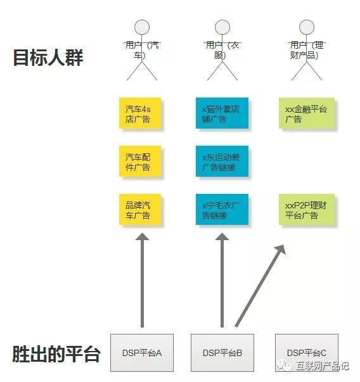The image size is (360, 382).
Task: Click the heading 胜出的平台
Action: (x=56, y=353)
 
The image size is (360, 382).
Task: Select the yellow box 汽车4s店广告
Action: (x=141, y=113)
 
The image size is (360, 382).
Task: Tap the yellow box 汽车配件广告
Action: (x=141, y=162)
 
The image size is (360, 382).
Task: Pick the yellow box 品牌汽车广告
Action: (x=141, y=210)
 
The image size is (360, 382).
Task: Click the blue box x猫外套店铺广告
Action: (x=222, y=113)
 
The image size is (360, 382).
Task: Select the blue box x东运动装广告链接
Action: (x=222, y=162)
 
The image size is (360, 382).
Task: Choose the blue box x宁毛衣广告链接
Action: (x=222, y=210)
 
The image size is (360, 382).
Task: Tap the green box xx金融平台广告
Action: (x=307, y=113)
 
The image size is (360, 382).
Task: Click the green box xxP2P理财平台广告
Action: (x=307, y=210)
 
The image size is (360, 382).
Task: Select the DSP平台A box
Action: (x=142, y=352)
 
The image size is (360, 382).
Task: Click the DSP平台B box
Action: (x=222, y=352)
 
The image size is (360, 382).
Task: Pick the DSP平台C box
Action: (x=307, y=352)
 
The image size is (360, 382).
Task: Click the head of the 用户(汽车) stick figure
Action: (x=142, y=27)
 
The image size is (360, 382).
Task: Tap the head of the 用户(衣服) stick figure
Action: (x=222, y=27)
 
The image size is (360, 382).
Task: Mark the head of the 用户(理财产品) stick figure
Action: (x=307, y=27)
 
